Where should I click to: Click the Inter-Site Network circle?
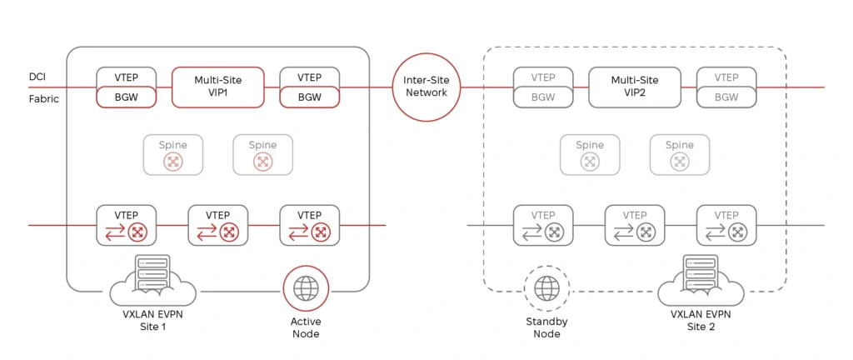[426, 87]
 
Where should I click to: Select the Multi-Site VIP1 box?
[218, 87]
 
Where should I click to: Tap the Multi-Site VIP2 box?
[635, 87]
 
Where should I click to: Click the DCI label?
[37, 77]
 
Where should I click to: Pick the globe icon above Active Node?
[306, 289]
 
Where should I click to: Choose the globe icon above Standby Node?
[546, 288]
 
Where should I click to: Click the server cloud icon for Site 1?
[153, 279]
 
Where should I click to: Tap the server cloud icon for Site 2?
[701, 279]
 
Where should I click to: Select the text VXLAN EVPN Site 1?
[153, 321]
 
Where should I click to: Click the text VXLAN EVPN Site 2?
[701, 321]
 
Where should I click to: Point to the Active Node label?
[306, 327]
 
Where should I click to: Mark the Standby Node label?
[546, 327]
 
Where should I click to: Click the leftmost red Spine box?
[173, 155]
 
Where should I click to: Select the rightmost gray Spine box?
[680, 155]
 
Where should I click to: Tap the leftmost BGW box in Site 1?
[127, 97]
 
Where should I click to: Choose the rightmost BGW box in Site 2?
[726, 97]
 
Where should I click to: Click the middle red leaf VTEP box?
[217, 225]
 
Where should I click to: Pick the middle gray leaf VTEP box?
[635, 225]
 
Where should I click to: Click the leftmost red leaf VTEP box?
[127, 225]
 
